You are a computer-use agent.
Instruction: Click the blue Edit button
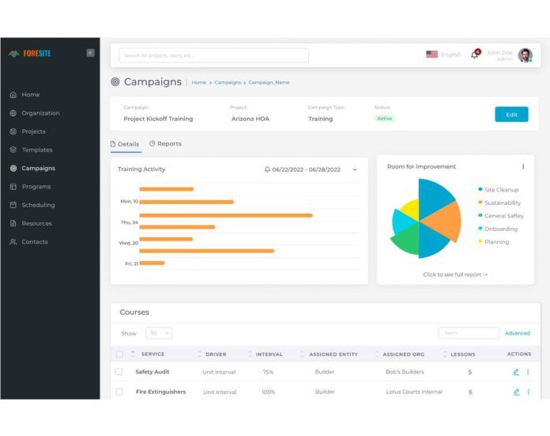(x=511, y=115)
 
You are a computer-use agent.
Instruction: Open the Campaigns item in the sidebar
(x=38, y=169)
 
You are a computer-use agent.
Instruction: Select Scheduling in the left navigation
(x=38, y=205)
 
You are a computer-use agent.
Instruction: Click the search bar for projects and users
(x=213, y=55)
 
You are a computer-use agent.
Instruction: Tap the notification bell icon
(x=475, y=55)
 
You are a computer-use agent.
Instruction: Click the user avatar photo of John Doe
(x=526, y=55)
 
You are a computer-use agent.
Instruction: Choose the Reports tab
(x=165, y=144)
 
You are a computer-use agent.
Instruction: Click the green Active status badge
(x=385, y=119)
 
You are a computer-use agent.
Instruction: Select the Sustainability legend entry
(x=502, y=203)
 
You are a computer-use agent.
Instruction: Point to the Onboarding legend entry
(x=500, y=229)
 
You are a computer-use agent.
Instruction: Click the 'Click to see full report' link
(x=455, y=275)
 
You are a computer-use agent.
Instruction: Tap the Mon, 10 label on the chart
(x=129, y=202)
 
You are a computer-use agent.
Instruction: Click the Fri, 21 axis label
(x=131, y=263)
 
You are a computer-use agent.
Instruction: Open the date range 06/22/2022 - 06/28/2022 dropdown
(x=311, y=169)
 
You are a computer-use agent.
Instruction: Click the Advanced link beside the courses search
(x=518, y=333)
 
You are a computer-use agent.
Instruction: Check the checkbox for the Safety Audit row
(x=119, y=372)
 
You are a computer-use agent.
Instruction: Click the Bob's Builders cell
(x=405, y=372)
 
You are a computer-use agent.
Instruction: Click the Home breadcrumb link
(x=198, y=82)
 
